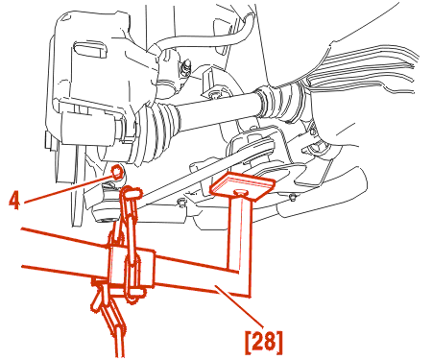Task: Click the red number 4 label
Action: coord(13,201)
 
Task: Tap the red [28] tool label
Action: coord(264,342)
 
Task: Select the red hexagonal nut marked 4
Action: coord(117,172)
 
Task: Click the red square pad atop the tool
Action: coord(242,187)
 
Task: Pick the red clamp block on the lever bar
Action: coord(132,266)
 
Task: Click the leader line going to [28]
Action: coord(240,306)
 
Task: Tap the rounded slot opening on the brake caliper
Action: coord(90,49)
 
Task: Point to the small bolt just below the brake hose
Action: coord(185,66)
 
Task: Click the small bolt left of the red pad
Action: coord(182,203)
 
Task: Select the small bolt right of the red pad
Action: coord(291,198)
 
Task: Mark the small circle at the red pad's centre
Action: coord(240,192)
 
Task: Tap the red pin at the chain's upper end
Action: coord(132,193)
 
